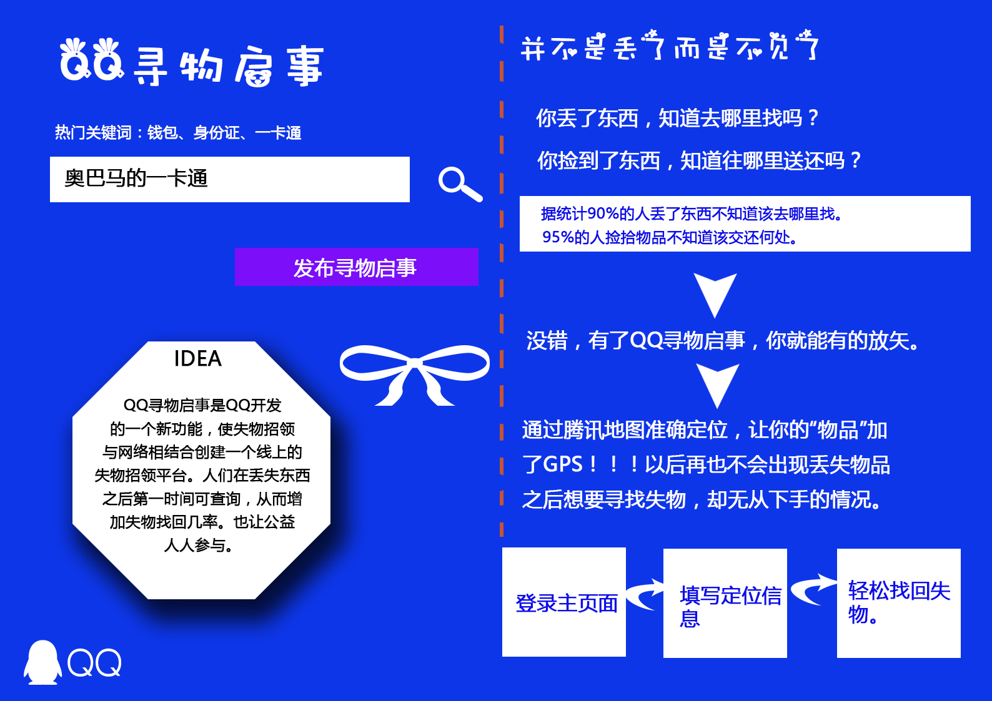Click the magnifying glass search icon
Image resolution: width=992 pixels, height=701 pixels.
pyautogui.click(x=460, y=184)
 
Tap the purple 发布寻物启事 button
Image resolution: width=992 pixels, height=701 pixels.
pyautogui.click(x=356, y=267)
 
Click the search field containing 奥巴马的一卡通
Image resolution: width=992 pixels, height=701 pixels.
pyautogui.click(x=229, y=179)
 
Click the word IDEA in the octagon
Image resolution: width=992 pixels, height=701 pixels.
pyautogui.click(x=197, y=359)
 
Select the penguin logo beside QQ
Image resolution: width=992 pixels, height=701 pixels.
pyautogui.click(x=42, y=662)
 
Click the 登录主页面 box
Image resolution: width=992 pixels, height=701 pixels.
pyautogui.click(x=563, y=602)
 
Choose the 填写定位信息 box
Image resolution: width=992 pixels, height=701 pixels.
pyautogui.click(x=725, y=604)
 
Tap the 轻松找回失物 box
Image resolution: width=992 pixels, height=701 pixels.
pyautogui.click(x=898, y=602)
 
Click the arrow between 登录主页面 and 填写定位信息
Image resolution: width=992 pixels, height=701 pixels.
pyautogui.click(x=645, y=594)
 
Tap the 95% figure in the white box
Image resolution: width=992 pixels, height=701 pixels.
pyautogui.click(x=558, y=237)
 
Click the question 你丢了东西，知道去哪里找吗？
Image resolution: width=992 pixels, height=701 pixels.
pyautogui.click(x=677, y=118)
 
